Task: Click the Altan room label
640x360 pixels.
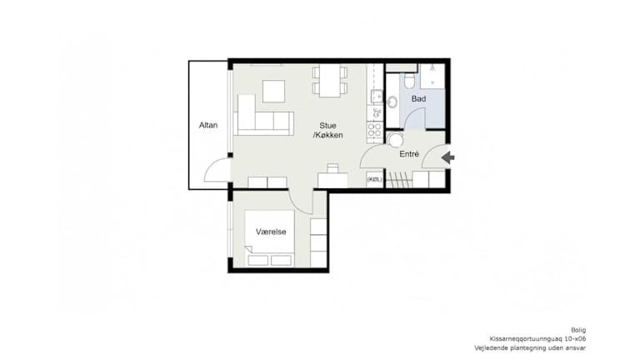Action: click(x=208, y=125)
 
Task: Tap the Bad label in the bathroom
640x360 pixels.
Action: click(x=419, y=99)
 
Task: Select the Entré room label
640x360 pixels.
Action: click(x=409, y=154)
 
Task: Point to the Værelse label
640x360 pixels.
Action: click(x=271, y=232)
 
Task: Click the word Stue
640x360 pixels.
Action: click(x=327, y=126)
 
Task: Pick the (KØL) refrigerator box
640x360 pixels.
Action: click(x=375, y=180)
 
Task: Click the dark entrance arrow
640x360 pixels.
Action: click(x=447, y=157)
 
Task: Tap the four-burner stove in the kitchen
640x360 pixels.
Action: click(x=375, y=130)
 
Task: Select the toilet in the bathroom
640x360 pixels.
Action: click(x=409, y=80)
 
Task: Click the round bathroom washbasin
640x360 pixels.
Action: click(x=392, y=102)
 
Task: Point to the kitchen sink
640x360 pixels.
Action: click(x=376, y=97)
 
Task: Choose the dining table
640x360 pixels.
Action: click(x=330, y=80)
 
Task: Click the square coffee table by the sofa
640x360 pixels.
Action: click(x=273, y=92)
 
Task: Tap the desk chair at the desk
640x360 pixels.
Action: click(x=333, y=167)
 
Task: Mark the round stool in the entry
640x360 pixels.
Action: click(x=395, y=140)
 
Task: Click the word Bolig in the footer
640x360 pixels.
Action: click(x=578, y=330)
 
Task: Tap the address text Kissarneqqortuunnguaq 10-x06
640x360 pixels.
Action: click(x=538, y=339)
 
